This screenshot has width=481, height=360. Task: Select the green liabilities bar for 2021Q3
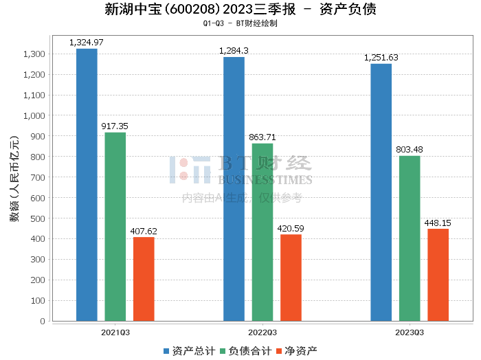click(x=115, y=227)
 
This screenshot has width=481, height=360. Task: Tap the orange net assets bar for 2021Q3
click(x=144, y=279)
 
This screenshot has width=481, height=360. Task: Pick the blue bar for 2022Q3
click(x=234, y=189)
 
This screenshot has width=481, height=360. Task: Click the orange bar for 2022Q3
click(x=291, y=278)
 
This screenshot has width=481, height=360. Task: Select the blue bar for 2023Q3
click(x=381, y=192)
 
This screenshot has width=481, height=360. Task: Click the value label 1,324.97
click(x=87, y=43)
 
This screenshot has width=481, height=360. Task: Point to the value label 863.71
click(x=262, y=137)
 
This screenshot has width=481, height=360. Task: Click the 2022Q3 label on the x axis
click(x=262, y=332)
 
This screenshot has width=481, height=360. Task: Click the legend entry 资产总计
click(x=186, y=351)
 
